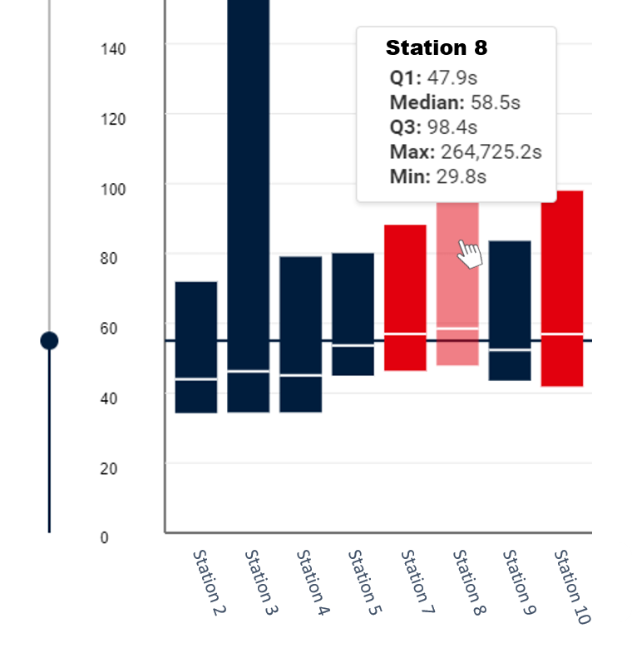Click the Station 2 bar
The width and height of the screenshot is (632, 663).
(196, 347)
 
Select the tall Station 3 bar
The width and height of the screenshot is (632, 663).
(249, 208)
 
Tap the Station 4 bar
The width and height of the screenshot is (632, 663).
(300, 334)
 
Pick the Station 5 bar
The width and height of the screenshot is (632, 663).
(353, 314)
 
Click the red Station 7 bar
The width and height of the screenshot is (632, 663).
(405, 297)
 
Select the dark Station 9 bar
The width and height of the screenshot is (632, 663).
(510, 310)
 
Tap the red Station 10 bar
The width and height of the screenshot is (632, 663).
(562, 288)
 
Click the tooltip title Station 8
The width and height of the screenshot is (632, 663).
(437, 48)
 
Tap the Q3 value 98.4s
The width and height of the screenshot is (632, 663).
(452, 127)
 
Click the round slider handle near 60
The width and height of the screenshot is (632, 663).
(49, 340)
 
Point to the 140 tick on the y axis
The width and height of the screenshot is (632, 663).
(112, 49)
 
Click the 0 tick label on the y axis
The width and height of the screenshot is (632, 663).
(104, 537)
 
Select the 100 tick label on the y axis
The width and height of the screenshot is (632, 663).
(112, 189)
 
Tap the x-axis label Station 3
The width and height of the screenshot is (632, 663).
(260, 582)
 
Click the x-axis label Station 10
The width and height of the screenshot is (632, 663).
(571, 586)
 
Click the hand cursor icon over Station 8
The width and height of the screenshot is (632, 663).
(470, 254)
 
